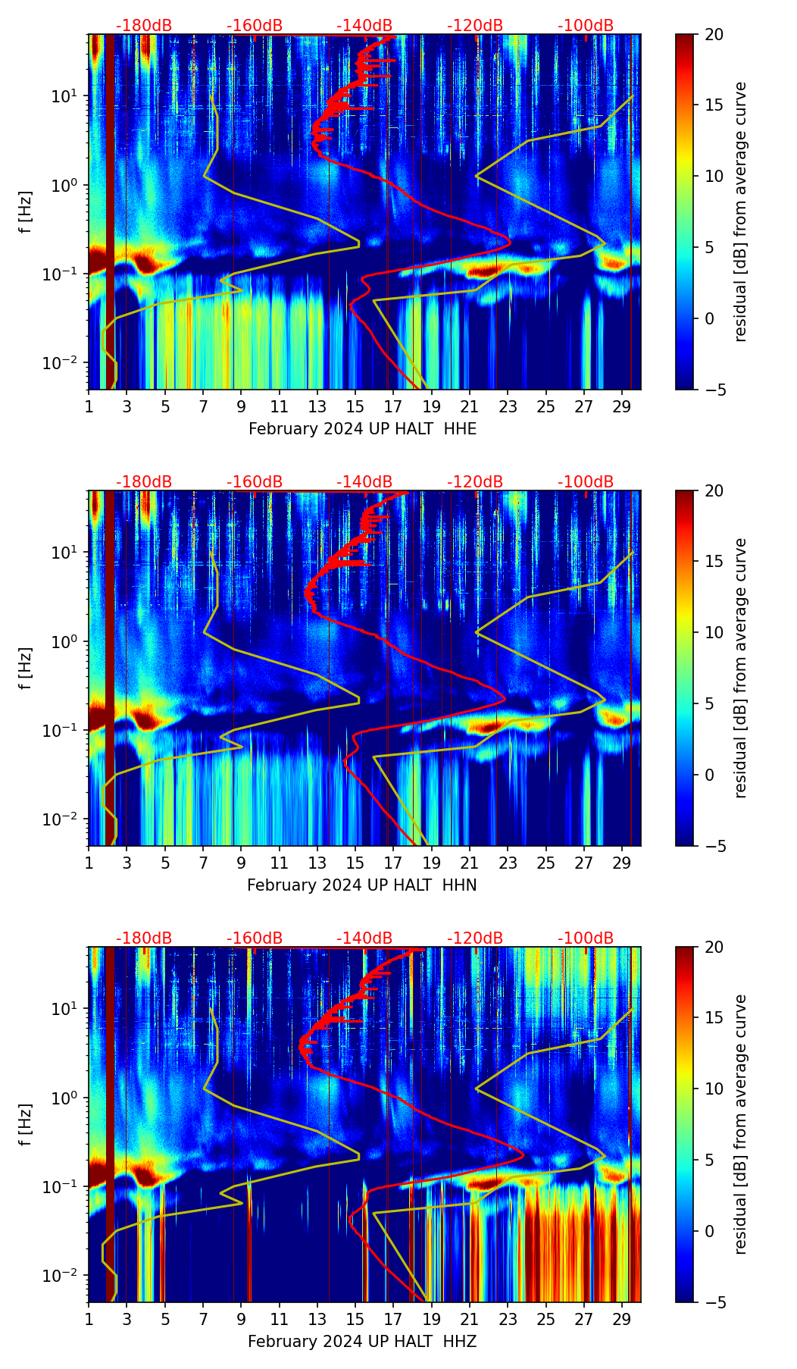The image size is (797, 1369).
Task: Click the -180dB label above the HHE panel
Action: coord(144,26)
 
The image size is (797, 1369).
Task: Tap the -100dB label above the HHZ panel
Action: coord(586,938)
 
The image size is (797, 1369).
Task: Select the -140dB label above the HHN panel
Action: coord(364,482)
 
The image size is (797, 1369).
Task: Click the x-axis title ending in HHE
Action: coord(362,429)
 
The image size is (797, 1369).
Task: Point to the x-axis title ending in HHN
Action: coord(362,885)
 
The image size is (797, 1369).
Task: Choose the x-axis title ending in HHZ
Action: coord(362,1342)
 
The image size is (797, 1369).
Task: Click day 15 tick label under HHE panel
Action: coord(355,406)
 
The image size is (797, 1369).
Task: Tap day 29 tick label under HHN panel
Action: coord(622,863)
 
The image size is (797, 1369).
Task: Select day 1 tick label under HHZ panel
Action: coord(89,1319)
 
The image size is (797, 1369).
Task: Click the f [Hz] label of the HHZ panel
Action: coord(27,1124)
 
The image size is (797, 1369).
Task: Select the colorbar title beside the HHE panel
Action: coord(741,211)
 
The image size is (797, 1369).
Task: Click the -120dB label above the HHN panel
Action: coord(475,482)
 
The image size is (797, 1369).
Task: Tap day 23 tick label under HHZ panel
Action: coord(508,1319)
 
